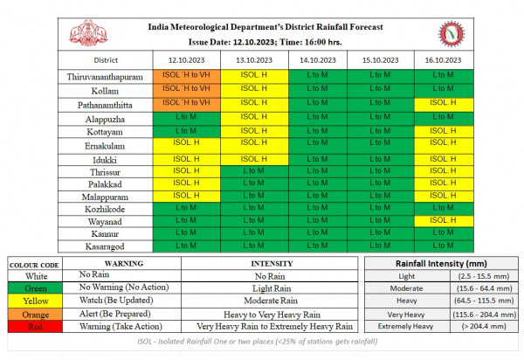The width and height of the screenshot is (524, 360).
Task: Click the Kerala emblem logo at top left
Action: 88,33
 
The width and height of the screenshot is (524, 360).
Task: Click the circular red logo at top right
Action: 452,34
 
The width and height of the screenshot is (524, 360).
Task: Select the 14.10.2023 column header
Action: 318,60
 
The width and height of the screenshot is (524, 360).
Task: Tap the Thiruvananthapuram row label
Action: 105,77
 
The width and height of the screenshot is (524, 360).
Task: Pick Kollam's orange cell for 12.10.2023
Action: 187,91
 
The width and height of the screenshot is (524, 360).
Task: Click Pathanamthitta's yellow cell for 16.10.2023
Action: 444,105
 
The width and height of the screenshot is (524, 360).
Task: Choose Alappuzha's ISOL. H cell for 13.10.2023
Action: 254,119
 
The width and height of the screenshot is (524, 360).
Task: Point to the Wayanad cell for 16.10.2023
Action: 444,221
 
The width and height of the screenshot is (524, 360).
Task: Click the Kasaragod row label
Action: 105,246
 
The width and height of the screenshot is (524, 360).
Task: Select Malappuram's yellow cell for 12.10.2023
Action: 187,197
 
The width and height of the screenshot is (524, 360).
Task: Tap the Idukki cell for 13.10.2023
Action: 254,159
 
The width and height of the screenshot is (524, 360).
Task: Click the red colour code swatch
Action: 35,326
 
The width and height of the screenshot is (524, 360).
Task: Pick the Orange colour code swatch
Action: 35,315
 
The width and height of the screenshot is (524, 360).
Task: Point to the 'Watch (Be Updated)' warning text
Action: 116,301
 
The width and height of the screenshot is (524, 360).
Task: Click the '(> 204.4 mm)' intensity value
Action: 484,326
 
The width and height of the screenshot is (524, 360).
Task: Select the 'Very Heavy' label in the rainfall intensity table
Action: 406,315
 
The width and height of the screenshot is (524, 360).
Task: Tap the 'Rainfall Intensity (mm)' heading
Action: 441,263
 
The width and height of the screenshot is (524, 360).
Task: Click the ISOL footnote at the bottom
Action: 258,342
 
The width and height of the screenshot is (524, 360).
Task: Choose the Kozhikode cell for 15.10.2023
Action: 380,209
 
